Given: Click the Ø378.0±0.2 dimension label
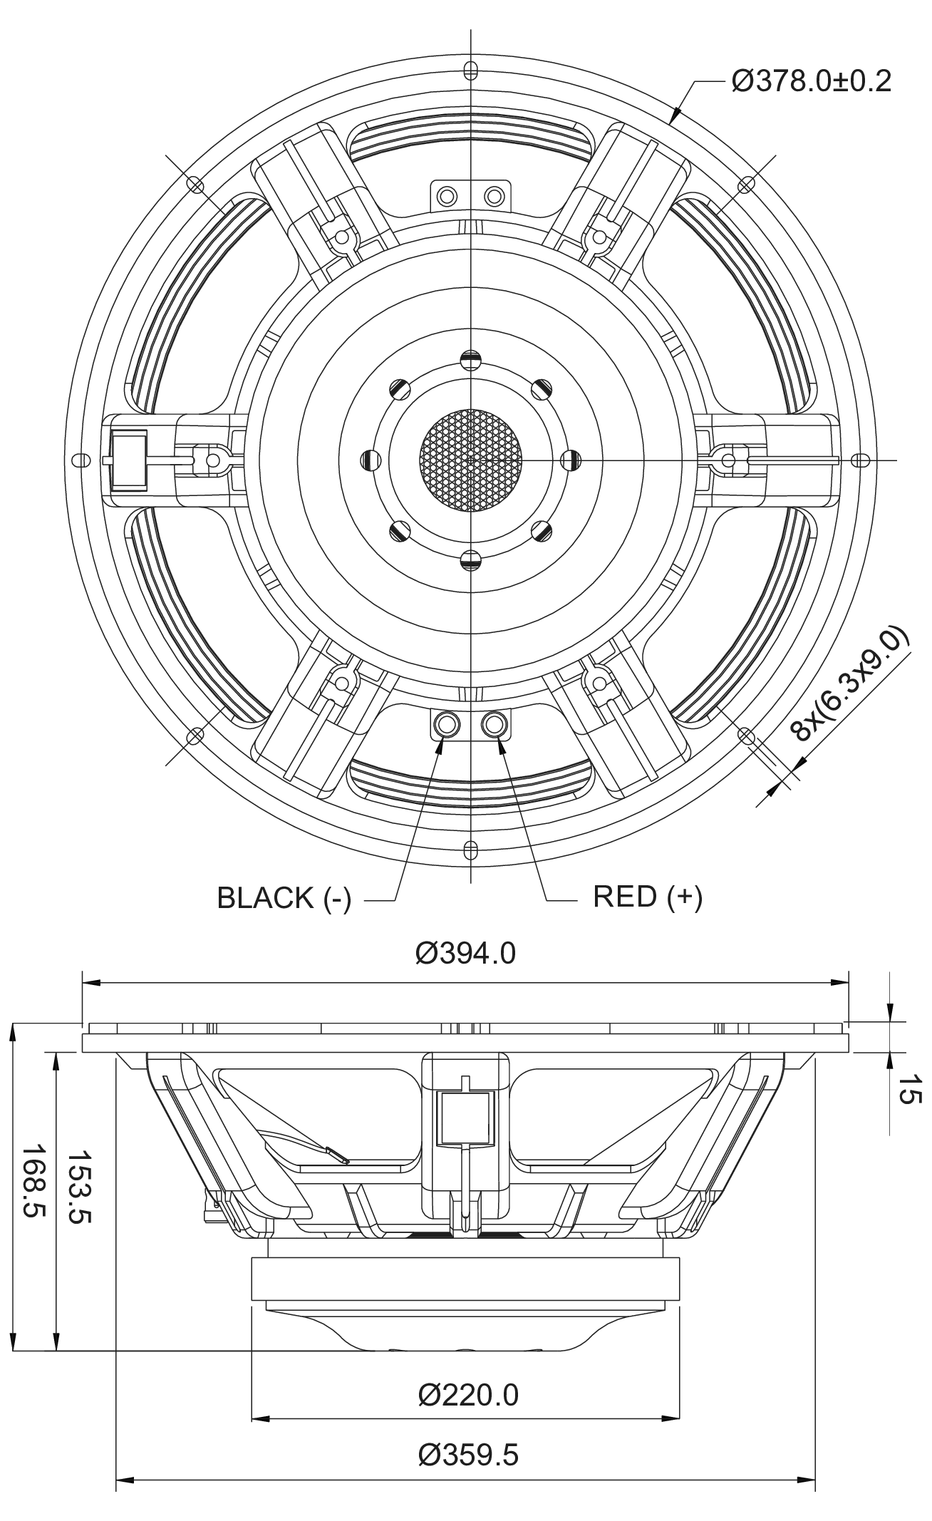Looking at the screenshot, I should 811,81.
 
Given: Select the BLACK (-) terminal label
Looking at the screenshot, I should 284,898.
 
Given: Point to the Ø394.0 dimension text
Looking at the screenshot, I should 465,953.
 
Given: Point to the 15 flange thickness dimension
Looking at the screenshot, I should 908,1091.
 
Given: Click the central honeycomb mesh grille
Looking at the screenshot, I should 470,460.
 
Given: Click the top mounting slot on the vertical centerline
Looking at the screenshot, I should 470,71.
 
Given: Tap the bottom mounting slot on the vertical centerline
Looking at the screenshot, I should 470,850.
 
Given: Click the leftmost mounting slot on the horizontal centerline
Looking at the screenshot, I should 82,460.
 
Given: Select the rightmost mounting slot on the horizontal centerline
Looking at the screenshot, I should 860,460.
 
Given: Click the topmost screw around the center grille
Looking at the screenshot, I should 470,359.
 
